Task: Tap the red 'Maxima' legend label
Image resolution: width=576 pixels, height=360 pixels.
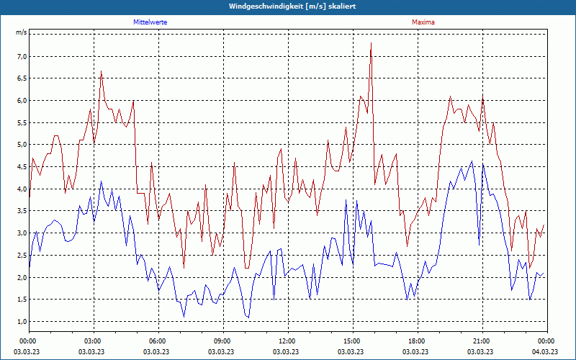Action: click(423, 22)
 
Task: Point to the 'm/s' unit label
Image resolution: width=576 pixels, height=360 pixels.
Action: click(22, 33)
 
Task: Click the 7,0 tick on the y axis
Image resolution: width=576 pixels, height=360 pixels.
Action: click(22, 56)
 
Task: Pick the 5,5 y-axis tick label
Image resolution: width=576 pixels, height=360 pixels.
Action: click(22, 122)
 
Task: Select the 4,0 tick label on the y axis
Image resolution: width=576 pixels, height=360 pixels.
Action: click(22, 189)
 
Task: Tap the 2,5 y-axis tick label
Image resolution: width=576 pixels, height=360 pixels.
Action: click(22, 256)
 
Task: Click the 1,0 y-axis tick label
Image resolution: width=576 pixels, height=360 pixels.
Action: click(22, 322)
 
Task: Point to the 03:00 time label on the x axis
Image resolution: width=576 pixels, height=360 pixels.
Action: click(93, 341)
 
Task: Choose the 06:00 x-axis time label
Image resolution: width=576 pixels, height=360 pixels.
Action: click(158, 341)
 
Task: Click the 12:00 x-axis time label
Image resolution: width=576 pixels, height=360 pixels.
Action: click(287, 341)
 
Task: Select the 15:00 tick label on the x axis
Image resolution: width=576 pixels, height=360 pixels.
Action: click(352, 341)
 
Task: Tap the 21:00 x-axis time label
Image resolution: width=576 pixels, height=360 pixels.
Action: click(482, 341)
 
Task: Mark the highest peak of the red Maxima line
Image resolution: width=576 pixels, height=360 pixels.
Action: click(371, 43)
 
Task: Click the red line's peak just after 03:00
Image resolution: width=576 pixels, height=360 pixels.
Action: click(102, 71)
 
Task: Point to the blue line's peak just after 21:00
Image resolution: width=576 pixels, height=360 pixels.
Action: click(483, 164)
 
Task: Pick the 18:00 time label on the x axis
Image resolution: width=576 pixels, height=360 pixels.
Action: click(417, 341)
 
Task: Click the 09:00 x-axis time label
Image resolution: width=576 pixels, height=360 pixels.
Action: click(222, 341)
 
